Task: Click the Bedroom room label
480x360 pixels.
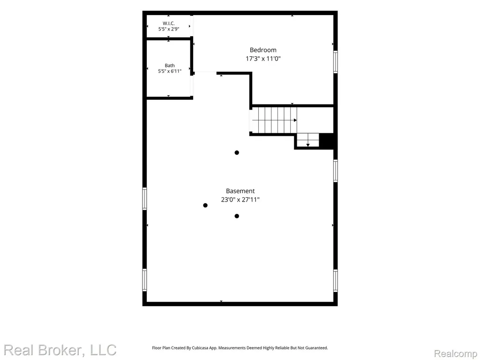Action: pos(263,50)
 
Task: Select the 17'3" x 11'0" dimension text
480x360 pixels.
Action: pos(263,59)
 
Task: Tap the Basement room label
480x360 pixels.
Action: pos(240,191)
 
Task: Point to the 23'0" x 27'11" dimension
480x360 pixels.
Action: pos(240,200)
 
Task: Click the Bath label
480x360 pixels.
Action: pos(170,66)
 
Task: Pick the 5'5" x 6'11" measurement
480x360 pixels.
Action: pos(170,71)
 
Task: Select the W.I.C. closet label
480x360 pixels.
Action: pos(169,23)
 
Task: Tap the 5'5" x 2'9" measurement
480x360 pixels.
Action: pos(169,29)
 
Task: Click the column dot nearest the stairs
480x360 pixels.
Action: pos(237,152)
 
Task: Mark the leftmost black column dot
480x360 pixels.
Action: pos(205,205)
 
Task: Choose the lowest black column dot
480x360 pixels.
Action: pos(237,216)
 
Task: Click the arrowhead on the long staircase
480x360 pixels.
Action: pos(295,120)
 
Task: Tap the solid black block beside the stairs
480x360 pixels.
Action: pos(326,141)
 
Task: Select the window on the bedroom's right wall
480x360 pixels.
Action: pos(336,62)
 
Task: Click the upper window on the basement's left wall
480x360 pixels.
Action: pos(144,199)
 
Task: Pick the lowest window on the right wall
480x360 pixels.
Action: pos(336,281)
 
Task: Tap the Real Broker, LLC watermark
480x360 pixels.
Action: pos(60,350)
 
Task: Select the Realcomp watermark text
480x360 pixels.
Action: pos(455,353)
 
